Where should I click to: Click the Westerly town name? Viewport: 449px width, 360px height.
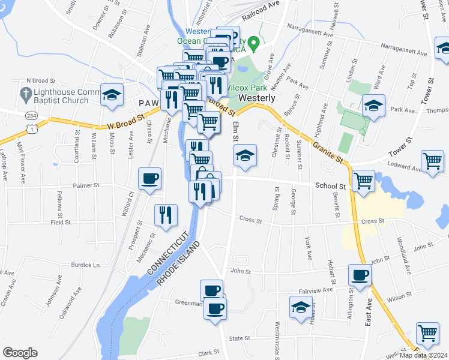coord(257,98)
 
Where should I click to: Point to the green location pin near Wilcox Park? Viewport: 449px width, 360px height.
coord(254,43)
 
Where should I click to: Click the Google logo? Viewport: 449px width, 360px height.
coord(20,353)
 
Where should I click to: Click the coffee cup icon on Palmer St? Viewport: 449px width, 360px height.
coord(149,178)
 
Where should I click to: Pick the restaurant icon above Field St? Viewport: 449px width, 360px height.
coord(166,215)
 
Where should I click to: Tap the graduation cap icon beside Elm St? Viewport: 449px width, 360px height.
coord(244,156)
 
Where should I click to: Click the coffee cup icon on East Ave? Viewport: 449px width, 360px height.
coord(360,275)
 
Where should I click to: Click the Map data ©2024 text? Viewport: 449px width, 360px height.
coord(424,355)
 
